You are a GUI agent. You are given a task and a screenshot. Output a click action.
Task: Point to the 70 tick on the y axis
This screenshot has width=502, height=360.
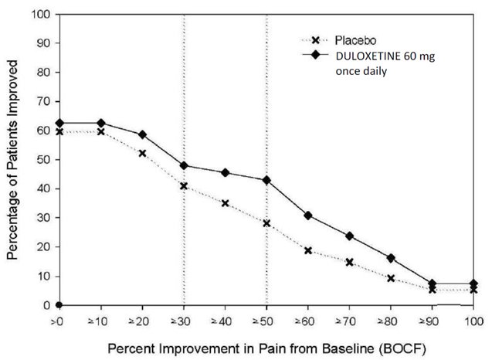[x=44, y=101]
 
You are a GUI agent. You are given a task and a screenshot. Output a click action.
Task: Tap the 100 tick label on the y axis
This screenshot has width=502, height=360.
[x=42, y=14]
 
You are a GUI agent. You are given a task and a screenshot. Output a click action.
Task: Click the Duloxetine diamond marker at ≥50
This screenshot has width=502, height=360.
[x=266, y=180]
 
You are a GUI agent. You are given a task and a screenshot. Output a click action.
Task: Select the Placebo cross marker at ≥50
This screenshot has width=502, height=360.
[x=266, y=223]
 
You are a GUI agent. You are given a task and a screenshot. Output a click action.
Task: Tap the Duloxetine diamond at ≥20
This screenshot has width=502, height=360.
[x=142, y=134]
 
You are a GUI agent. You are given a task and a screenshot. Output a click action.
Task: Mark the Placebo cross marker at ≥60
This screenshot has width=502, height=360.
[x=308, y=250]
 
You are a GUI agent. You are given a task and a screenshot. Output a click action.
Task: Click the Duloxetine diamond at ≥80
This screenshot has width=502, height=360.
[x=391, y=258]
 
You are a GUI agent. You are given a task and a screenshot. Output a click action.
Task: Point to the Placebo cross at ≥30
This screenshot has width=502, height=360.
[x=184, y=186]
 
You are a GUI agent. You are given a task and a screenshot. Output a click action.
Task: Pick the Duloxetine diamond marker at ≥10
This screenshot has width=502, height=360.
[x=100, y=123]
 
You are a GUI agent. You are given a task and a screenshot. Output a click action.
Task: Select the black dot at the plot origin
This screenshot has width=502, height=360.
[x=59, y=304]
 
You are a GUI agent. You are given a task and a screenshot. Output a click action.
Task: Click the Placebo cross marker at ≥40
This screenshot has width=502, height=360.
[x=225, y=203]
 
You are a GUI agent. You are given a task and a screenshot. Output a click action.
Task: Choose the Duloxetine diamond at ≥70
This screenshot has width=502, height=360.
[x=350, y=236]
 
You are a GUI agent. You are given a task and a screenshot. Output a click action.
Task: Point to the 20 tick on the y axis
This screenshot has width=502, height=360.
[x=44, y=246]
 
